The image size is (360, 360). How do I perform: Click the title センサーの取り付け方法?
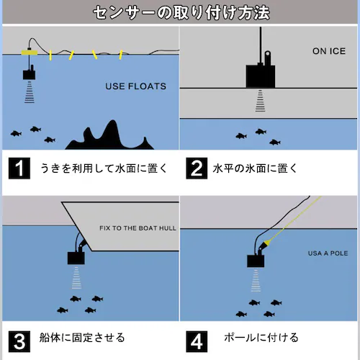[x=181, y=13]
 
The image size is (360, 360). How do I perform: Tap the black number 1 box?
[x=19, y=168]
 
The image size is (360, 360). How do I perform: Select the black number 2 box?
[x=197, y=168]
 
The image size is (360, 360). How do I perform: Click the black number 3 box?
[x=19, y=341]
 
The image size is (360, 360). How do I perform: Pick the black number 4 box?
[x=197, y=341]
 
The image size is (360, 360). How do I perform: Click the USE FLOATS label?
[x=136, y=86]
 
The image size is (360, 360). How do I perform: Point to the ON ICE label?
[x=329, y=51]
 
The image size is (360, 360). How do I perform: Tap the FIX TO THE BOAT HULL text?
[x=138, y=228]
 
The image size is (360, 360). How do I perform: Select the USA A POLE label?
[x=328, y=253]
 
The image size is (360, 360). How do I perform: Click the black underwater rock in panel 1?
[x=110, y=139]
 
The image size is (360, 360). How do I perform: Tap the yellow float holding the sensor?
[x=30, y=53]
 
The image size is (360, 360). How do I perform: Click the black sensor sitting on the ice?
[x=261, y=76]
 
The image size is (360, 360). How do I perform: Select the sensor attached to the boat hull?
[x=76, y=258]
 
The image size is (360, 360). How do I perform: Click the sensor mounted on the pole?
[x=256, y=261]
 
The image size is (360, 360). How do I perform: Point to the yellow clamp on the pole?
[x=266, y=243]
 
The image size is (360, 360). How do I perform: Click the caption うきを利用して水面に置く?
[x=104, y=168]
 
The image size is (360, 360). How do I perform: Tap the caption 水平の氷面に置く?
[x=255, y=168]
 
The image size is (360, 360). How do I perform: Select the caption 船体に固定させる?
[x=82, y=338]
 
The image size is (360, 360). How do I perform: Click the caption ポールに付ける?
[x=261, y=338]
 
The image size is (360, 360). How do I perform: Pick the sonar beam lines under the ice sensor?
[x=261, y=101]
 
